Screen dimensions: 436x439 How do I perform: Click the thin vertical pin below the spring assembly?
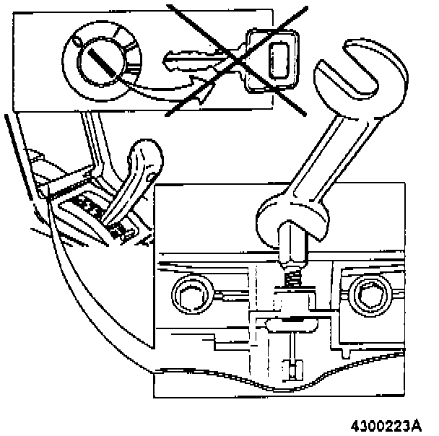pyautogui.click(x=293, y=346)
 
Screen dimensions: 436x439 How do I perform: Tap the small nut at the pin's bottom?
pyautogui.click(x=292, y=372)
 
